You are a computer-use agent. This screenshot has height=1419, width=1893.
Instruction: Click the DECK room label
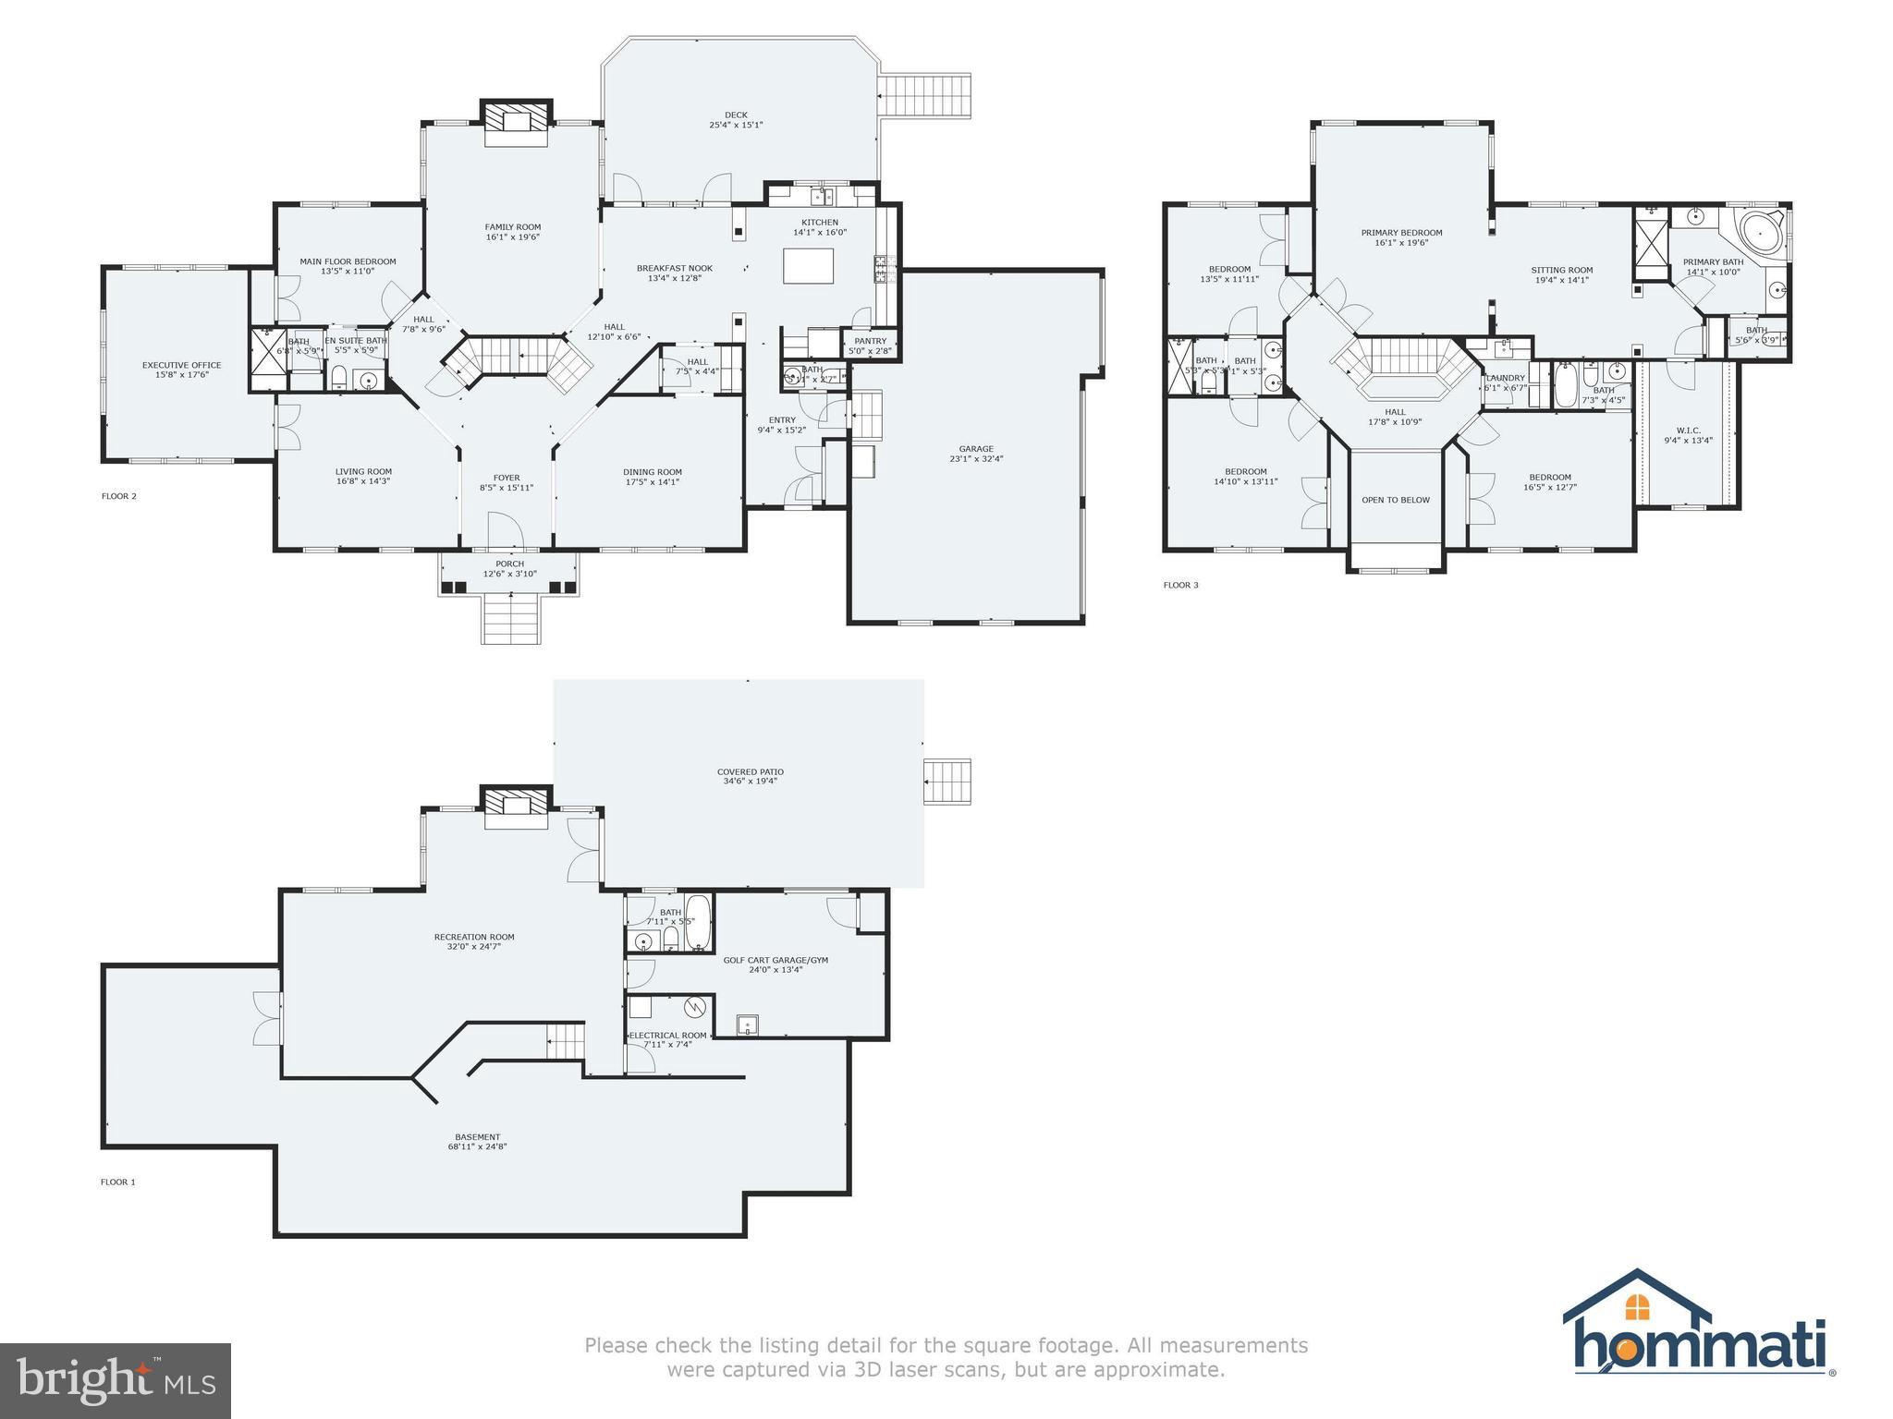tap(736, 115)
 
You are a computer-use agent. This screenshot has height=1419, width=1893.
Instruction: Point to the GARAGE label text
tap(976, 449)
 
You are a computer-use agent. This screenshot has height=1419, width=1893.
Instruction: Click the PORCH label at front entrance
tap(509, 564)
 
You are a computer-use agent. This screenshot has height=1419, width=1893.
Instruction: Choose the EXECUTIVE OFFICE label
tap(181, 365)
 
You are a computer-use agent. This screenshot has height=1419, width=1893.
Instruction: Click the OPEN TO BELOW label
tap(1395, 500)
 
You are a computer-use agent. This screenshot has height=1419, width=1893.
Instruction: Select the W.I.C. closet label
tap(1688, 431)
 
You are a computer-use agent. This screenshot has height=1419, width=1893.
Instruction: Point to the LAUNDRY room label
tap(1505, 378)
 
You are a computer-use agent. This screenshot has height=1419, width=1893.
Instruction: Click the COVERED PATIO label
tap(750, 771)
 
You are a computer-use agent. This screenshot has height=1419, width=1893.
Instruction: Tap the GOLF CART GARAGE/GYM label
tap(775, 960)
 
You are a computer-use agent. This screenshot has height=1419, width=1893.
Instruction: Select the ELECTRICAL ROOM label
tap(667, 1036)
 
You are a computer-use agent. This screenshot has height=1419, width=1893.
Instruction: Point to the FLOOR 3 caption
tap(1180, 585)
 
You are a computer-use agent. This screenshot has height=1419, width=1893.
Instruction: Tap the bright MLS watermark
tap(116, 1380)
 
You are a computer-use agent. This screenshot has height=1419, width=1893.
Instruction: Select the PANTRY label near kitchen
tap(870, 341)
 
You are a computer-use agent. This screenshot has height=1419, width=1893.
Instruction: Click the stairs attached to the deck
tap(924, 96)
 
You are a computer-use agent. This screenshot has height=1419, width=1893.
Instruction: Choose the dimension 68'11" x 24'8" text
tap(477, 1146)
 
